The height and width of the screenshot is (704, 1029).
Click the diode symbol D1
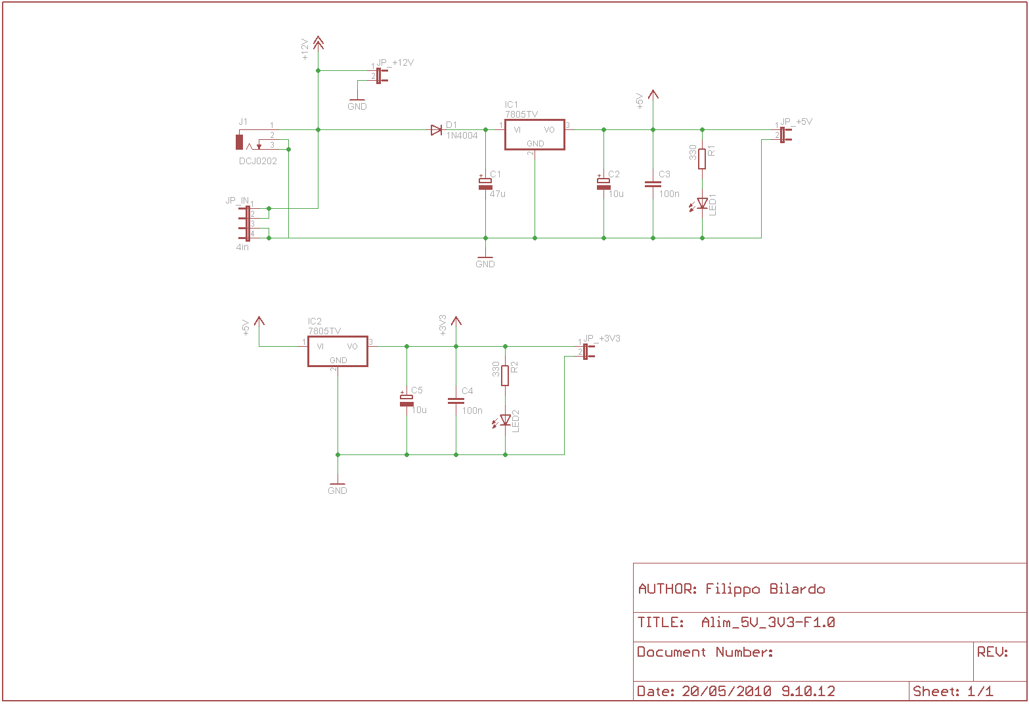click(x=437, y=130)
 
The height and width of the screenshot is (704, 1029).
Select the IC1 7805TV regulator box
click(x=535, y=135)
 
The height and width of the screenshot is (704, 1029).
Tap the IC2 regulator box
click(x=338, y=351)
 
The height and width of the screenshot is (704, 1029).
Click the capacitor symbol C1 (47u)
click(x=485, y=183)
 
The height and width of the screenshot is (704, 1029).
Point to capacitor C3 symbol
click(x=653, y=184)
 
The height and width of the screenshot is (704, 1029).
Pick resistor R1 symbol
click(x=702, y=159)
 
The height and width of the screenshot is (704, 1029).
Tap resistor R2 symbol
click(x=505, y=376)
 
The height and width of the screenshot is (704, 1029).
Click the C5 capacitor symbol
click(x=406, y=400)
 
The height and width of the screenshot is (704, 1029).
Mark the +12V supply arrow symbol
click(x=318, y=43)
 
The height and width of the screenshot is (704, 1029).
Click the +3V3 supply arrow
click(x=456, y=321)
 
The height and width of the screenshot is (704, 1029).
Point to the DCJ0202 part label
click(x=257, y=161)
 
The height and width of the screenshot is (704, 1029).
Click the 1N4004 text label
click(x=462, y=135)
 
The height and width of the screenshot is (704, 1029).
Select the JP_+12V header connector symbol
click(x=381, y=76)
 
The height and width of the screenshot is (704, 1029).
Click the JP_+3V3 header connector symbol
click(x=588, y=351)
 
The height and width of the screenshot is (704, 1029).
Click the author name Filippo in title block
click(x=732, y=590)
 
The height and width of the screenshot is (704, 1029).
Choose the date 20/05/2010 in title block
click(x=726, y=691)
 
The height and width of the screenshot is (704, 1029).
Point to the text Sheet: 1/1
click(x=952, y=691)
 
